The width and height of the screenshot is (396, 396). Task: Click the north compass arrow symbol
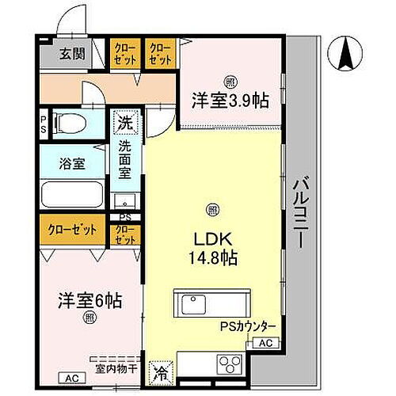346,55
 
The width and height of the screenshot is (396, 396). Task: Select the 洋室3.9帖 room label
229,101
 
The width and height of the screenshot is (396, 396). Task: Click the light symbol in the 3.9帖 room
230,81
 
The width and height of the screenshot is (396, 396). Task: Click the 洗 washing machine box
124,123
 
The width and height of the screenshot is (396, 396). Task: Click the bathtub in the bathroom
72,194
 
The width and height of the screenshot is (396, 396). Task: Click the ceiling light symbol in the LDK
211,209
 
